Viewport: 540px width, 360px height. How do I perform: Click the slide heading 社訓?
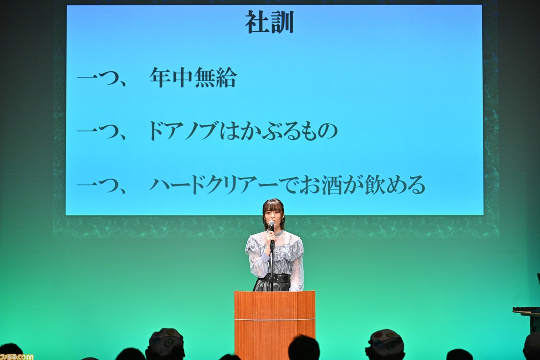pos(270,22)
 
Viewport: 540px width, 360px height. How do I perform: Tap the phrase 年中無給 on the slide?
pos(193,77)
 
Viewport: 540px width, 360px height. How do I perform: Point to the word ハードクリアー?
pos(214,185)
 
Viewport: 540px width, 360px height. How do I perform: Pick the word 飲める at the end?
pos(394,185)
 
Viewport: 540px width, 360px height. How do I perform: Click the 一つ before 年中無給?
pos(101,78)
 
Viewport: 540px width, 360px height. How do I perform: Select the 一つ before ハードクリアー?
pos(101,186)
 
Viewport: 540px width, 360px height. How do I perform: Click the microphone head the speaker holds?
pos(271,224)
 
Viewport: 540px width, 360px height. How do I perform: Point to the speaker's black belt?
pos(273,278)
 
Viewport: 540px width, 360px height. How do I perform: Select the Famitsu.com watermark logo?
pos(16,356)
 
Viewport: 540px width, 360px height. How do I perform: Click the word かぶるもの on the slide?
pos(289,131)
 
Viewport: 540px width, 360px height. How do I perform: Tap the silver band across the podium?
pos(275,319)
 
